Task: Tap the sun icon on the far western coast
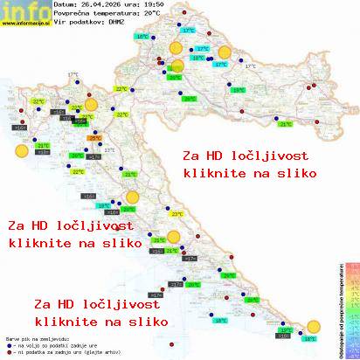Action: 21,151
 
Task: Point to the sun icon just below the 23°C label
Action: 174,236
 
